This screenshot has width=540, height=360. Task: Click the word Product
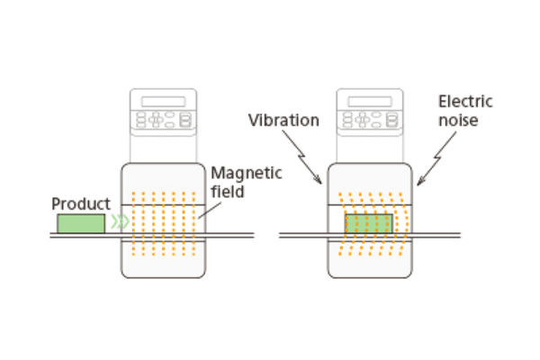pyautogui.click(x=81, y=203)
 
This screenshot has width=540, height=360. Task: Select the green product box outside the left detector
pyautogui.click(x=81, y=222)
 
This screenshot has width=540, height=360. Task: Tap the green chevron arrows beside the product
pyautogui.click(x=119, y=222)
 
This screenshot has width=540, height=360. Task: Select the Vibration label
pyautogui.click(x=283, y=120)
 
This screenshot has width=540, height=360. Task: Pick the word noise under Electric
pyautogui.click(x=457, y=121)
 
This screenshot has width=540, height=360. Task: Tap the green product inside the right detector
pyautogui.click(x=369, y=223)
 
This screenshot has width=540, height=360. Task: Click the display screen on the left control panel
pyautogui.click(x=163, y=101)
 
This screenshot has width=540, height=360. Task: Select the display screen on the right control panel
pyautogui.click(x=370, y=101)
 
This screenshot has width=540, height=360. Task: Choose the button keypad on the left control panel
pyautogui.click(x=163, y=119)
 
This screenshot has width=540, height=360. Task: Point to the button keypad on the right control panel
pyautogui.click(x=370, y=119)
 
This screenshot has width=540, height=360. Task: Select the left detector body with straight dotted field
pyautogui.click(x=163, y=261)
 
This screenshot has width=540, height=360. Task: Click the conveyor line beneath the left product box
pyautogui.click(x=81, y=236)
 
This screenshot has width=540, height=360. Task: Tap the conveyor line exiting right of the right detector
pyautogui.click(x=436, y=236)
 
